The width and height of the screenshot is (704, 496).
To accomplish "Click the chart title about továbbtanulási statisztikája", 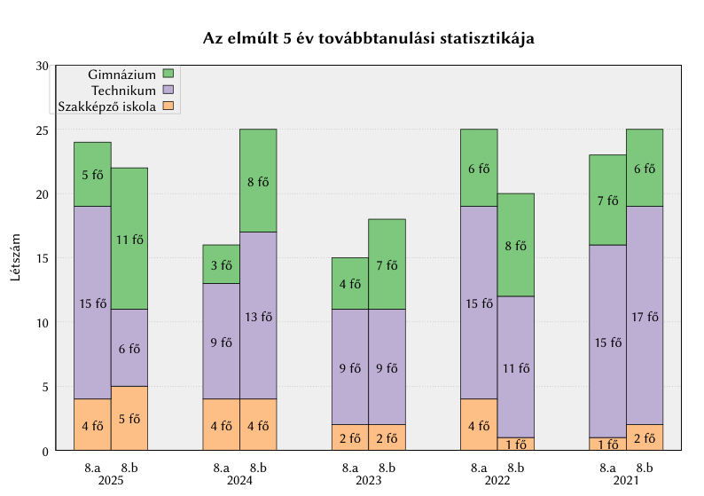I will pos(368,39).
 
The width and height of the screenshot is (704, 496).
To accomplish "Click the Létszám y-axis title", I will pos(15,258).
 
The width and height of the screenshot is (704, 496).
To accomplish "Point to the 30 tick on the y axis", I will pos(43,66).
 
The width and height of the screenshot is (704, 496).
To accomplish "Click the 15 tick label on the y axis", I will pos(43,258).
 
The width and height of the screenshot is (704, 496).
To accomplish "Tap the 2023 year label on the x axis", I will pos(369,481).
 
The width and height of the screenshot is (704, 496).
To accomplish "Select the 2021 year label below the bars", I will pos(626,481).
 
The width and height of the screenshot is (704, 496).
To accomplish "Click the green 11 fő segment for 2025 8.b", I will pos(129,239).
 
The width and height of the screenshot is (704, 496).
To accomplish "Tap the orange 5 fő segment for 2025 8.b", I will pos(129,418).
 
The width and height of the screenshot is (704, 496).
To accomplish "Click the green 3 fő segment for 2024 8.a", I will pos(222,264).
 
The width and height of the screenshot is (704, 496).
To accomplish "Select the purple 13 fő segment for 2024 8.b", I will pos(258,316).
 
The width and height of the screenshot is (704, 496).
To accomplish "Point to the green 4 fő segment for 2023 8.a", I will pos(350,284).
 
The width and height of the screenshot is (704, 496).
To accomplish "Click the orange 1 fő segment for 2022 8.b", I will pos(515,445).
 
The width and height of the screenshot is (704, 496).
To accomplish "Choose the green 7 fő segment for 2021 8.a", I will pos(607,201).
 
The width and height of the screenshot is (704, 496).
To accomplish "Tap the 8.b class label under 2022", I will pos(515,468).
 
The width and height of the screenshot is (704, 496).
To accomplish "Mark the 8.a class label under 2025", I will pos(93,468).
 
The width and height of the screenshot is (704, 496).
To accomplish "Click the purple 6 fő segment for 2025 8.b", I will pos(129,348).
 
